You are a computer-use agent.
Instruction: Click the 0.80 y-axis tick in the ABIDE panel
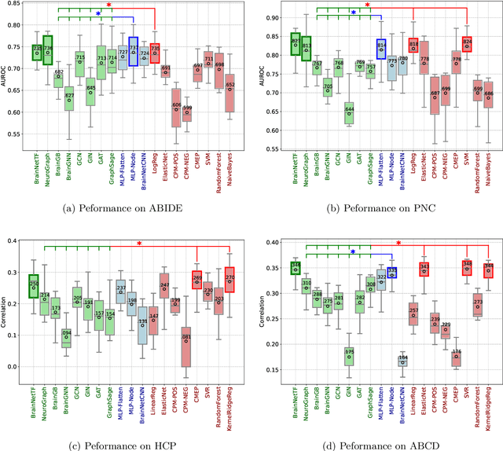pyautogui.click(x=23, y=24)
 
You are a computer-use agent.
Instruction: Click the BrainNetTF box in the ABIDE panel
pyautogui.click(x=37, y=52)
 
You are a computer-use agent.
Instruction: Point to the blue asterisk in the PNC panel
pyautogui.click(x=354, y=13)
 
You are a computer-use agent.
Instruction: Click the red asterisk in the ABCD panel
pyautogui.click(x=398, y=244)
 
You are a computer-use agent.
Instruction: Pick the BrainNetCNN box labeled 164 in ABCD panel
pyautogui.click(x=402, y=362)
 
